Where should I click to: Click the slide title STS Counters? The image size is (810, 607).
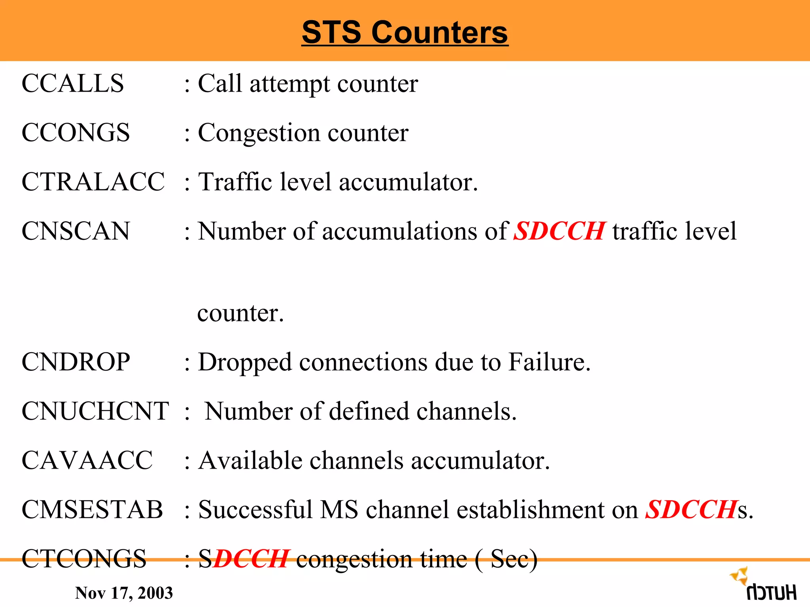click(x=405, y=32)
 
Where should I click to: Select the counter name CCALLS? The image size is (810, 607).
click(x=73, y=83)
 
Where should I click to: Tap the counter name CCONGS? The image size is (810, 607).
click(x=76, y=132)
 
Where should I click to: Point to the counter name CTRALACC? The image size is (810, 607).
click(x=93, y=182)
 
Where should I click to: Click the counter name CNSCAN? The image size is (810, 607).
click(x=76, y=231)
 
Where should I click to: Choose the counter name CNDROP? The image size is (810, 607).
click(x=76, y=362)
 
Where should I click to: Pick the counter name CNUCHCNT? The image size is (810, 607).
click(x=95, y=411)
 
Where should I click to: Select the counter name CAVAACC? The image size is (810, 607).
click(x=87, y=460)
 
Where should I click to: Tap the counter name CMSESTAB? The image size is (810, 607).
click(x=92, y=509)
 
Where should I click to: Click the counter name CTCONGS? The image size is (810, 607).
click(x=84, y=559)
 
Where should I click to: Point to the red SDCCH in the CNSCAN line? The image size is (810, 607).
click(x=559, y=231)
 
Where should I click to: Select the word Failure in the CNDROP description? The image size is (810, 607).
click(x=549, y=362)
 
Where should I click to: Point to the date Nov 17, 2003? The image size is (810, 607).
click(x=124, y=593)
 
